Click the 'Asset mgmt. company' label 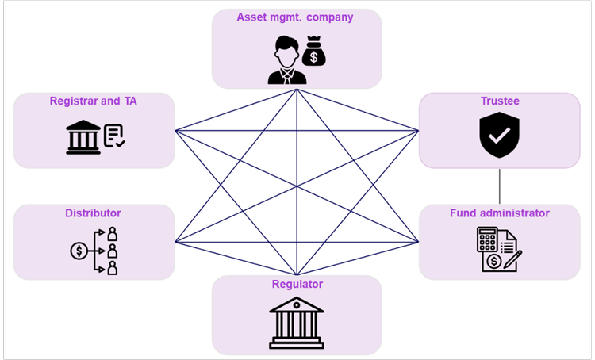pos(297,17)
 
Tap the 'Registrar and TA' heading pos(94,101)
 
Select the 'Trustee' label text pos(500,101)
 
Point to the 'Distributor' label pos(94,213)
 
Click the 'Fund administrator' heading pos(500,213)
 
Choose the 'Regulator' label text pos(297,283)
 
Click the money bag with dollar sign pos(314,54)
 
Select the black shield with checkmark pos(500,134)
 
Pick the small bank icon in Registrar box pos(83,137)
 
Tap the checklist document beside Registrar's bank pos(113,136)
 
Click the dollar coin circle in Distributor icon pos(79,251)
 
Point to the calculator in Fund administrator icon pos(486,239)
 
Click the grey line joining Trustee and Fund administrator pos(500,186)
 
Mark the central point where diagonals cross pos(297,186)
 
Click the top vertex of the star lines pos(297,88)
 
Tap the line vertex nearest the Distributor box pos(175,240)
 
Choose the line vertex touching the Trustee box pos(418,130)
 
